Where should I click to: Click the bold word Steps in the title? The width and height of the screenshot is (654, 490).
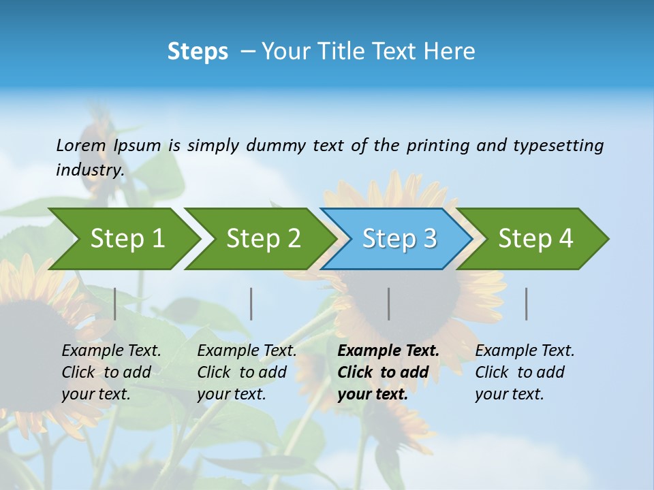click(x=198, y=52)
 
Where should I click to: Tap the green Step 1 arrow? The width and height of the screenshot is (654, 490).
click(x=127, y=239)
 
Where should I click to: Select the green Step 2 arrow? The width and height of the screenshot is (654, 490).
click(x=263, y=239)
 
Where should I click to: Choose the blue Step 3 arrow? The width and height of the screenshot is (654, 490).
click(x=399, y=239)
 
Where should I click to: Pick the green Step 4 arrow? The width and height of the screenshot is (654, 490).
click(x=535, y=239)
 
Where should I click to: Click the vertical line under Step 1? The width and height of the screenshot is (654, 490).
click(x=115, y=304)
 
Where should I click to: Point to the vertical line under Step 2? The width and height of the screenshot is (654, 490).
click(x=251, y=304)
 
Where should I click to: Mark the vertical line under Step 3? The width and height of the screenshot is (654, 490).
click(x=388, y=304)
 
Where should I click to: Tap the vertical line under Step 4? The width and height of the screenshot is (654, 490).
click(x=527, y=304)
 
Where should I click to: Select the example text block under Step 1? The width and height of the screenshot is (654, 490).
click(x=111, y=372)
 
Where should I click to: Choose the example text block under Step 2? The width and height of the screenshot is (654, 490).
click(x=247, y=372)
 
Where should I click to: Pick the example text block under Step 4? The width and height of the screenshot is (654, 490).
click(x=525, y=372)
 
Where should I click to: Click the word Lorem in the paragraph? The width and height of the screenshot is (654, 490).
click(x=80, y=145)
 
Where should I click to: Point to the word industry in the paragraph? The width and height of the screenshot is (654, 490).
click(x=89, y=170)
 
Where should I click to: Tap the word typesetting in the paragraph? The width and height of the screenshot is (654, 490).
click(x=558, y=146)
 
